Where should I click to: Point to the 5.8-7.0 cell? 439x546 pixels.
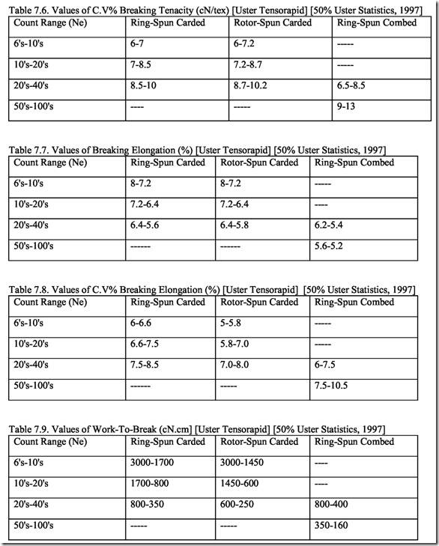click(x=239, y=344)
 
